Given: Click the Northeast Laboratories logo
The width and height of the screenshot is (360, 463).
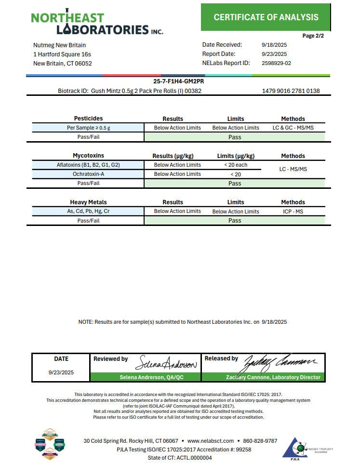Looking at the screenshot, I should (x=96, y=23).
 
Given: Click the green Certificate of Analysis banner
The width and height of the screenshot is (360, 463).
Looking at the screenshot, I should (x=266, y=17).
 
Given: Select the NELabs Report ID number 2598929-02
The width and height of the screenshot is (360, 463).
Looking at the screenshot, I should (x=276, y=63).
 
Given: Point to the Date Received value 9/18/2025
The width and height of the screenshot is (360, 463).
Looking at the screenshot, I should (x=274, y=45).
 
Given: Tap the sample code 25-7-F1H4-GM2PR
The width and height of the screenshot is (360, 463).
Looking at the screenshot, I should (x=178, y=81).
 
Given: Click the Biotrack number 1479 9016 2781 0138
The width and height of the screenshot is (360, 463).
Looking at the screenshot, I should (x=291, y=91).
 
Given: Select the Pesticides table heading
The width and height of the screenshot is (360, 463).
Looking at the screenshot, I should (x=88, y=119).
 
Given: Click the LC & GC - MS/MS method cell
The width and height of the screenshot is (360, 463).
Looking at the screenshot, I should (x=293, y=128).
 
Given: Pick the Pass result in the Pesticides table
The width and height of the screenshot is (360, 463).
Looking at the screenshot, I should (x=235, y=137).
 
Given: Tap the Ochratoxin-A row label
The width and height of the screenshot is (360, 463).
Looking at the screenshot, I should (x=88, y=174).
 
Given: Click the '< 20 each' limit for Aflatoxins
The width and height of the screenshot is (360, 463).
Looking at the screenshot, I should (x=235, y=165).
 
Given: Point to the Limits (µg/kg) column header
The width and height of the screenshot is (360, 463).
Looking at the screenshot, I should (x=236, y=156).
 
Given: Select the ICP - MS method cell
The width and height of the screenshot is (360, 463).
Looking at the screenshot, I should (x=293, y=212).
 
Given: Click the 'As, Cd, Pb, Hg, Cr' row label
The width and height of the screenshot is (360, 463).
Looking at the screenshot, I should (x=88, y=212).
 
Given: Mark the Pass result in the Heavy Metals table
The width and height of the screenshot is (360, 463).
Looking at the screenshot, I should (x=235, y=221).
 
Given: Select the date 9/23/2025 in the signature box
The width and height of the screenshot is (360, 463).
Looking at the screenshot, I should (x=61, y=372).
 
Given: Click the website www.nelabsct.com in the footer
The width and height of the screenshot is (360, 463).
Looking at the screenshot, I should (x=210, y=441).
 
